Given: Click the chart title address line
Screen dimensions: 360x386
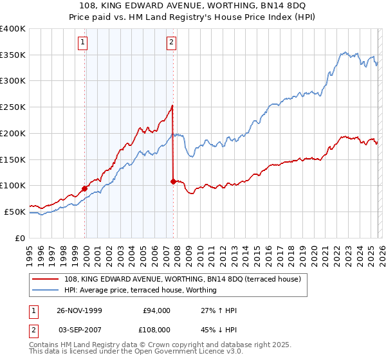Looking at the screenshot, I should point(192,5).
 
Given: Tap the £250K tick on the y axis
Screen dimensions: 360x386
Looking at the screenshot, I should point(13,107).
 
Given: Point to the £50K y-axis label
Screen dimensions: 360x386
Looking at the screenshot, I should point(15,212).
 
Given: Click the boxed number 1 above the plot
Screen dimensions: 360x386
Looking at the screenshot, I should point(84,43).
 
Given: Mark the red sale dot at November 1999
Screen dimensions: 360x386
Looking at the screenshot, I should point(85,188).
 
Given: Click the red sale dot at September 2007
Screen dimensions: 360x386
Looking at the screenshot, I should point(173,181).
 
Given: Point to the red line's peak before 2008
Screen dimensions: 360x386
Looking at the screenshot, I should point(172,105).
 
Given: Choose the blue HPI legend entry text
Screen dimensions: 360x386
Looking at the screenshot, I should point(140,290).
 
